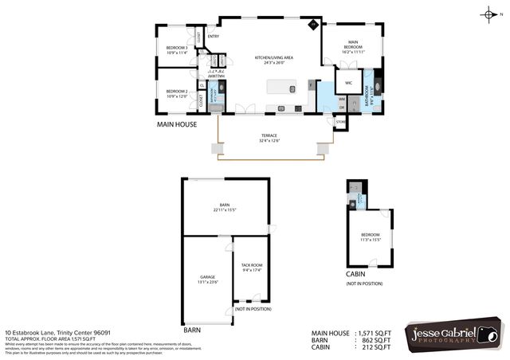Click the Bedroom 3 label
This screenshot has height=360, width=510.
coord(176,51)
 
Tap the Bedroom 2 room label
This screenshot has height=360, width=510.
coord(176,92)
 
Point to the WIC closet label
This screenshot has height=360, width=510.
coord(348,83)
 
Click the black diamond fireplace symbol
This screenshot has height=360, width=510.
coord(313,26)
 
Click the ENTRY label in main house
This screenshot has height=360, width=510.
coord(213,37)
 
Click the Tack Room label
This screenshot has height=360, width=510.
coord(252,267)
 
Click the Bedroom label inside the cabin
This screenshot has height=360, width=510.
coord(371,237)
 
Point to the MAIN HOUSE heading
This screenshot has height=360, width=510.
coord(175,125)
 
